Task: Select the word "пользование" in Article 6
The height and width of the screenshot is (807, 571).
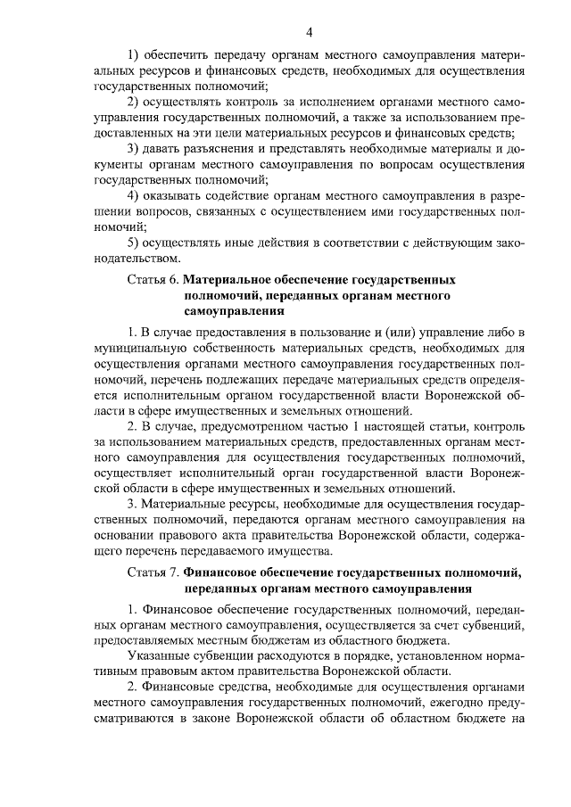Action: (x=325, y=332)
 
